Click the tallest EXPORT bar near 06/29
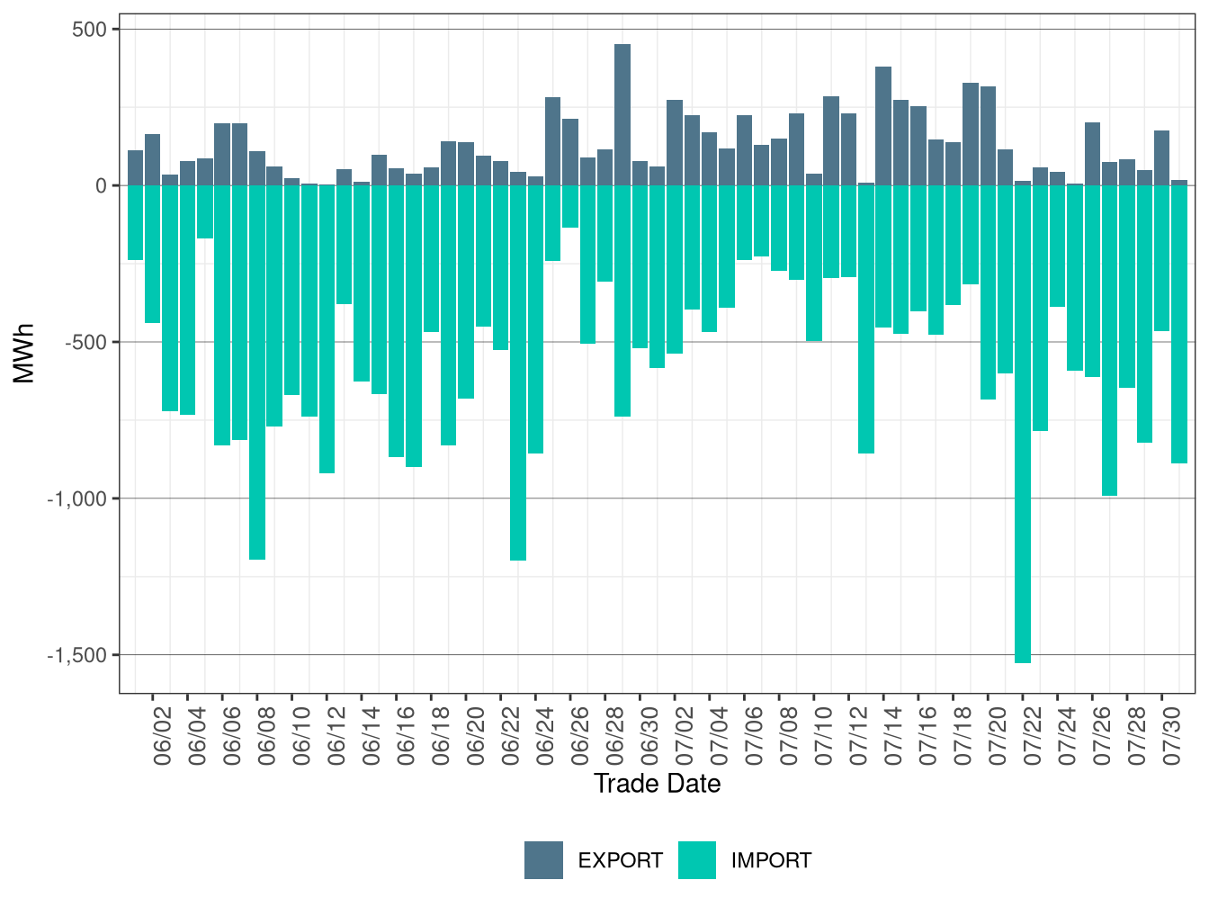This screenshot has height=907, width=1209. pyautogui.click(x=622, y=115)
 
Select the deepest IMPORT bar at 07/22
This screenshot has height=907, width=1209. pyautogui.click(x=1023, y=425)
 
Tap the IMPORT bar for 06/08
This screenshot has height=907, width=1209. pyautogui.click(x=257, y=373)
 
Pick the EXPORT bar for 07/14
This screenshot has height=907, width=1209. pyautogui.click(x=883, y=127)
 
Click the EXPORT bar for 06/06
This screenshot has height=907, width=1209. pyautogui.click(x=222, y=155)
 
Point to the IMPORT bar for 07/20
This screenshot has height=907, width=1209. pyautogui.click(x=988, y=292)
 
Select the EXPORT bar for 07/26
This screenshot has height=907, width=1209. pyautogui.click(x=1092, y=154)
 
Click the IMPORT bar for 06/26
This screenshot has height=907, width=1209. pyautogui.click(x=570, y=207)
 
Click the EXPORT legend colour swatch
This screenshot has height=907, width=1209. pyautogui.click(x=543, y=860)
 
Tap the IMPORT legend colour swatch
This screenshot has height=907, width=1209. pyautogui.click(x=697, y=860)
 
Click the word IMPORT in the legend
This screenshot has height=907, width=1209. pyautogui.click(x=771, y=860)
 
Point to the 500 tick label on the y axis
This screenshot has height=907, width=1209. pyautogui.click(x=89, y=29)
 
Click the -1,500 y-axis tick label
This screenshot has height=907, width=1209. pyautogui.click(x=77, y=655)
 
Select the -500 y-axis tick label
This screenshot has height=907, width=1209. pyautogui.click(x=86, y=343)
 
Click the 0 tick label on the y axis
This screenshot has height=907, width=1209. pyautogui.click(x=102, y=186)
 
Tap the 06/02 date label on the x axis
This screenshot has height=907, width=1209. pyautogui.click(x=163, y=736)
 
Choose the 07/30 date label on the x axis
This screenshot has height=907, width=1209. pyautogui.click(x=1171, y=736)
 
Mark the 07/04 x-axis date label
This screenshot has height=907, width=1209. pyautogui.click(x=720, y=736)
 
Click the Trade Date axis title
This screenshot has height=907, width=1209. pyautogui.click(x=657, y=784)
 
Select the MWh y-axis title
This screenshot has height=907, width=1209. pyautogui.click(x=23, y=354)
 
